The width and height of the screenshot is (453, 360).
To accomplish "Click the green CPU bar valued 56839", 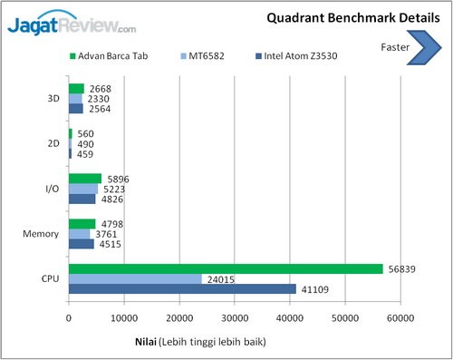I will [x=226, y=268].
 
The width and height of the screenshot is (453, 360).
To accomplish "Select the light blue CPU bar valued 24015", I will [x=135, y=278].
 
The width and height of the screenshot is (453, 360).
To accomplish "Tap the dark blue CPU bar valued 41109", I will [x=182, y=288].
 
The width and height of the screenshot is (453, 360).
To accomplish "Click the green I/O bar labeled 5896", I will [x=84, y=179].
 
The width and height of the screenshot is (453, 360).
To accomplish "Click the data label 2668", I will [x=99, y=88].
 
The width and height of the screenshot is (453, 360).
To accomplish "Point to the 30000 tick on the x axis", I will [x=235, y=318].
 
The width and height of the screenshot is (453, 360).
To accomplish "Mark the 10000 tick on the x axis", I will [x=124, y=318].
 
